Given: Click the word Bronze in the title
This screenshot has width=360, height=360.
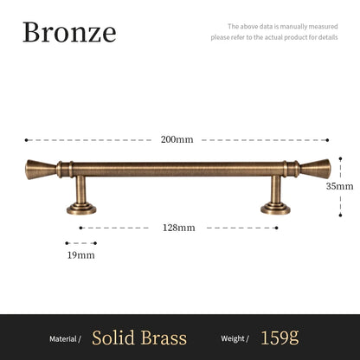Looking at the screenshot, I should tap(69, 32).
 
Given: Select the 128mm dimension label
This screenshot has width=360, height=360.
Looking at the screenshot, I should tap(179, 228).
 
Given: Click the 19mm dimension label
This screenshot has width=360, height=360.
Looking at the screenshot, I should tap(80, 255).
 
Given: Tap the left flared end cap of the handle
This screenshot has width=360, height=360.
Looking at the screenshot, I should tap(39, 169).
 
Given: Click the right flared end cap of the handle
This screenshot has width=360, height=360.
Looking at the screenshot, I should tap(316, 169).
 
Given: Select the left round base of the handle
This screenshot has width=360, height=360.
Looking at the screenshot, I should tap(81, 208).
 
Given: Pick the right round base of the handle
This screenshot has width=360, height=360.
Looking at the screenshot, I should tap(276, 208).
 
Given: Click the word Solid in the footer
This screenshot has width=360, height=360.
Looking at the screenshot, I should tap(115, 337).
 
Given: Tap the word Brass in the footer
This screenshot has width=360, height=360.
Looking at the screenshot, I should tap(164, 337).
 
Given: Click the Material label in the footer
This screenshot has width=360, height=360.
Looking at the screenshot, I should tap(65, 338).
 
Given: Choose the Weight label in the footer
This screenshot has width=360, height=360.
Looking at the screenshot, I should tap(235, 338).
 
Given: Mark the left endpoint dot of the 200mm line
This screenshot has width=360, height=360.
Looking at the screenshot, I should tap(27, 139).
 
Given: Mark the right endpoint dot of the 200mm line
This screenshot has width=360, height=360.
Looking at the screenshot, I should tap(327, 139).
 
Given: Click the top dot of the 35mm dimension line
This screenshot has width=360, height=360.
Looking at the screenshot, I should tap(339, 157).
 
